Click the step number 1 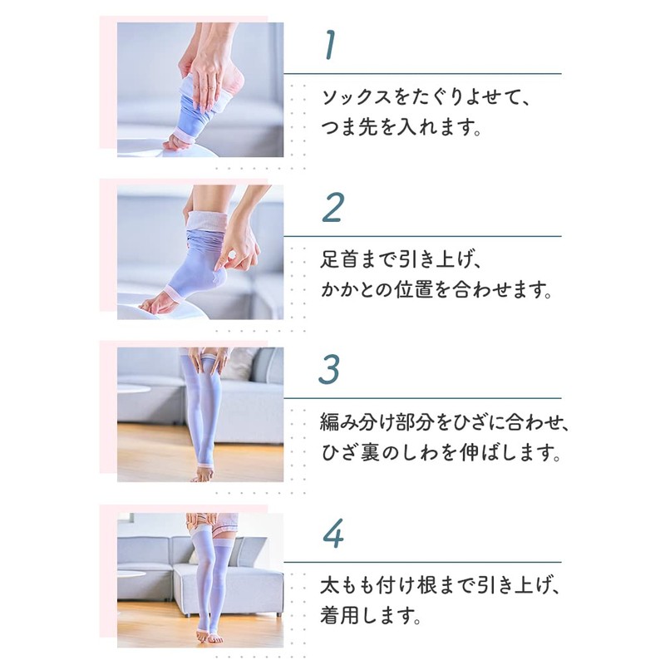331,47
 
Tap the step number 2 332,209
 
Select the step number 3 332,370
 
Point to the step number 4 332,534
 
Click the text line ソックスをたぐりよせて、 425,98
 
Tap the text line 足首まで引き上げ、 402,260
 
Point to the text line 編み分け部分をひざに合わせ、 445,423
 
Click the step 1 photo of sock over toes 199,89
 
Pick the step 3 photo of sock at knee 199,414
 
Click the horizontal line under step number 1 422,74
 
